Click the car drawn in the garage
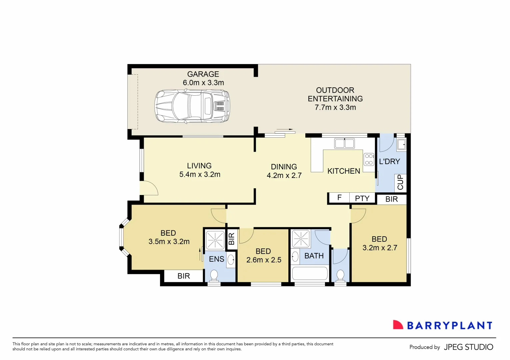tap(192, 106)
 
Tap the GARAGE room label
tap(203, 74)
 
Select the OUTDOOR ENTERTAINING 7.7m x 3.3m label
tap(335, 99)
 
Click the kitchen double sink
tap(344, 143)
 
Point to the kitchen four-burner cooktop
tap(369, 159)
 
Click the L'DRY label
tap(389, 162)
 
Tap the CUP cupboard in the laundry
tap(400, 182)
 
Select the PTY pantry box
tap(362, 198)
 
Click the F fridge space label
tap(339, 198)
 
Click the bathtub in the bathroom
tap(310, 274)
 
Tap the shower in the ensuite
tap(215, 240)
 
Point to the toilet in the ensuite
tap(214, 276)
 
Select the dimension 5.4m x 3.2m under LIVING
tap(200, 174)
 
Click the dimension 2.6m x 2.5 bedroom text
tap(264, 260)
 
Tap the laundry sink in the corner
tap(401, 145)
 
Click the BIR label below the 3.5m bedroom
tap(184, 276)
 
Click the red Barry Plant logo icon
tap(398, 325)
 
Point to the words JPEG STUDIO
tap(468, 347)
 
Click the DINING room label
tap(284, 167)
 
